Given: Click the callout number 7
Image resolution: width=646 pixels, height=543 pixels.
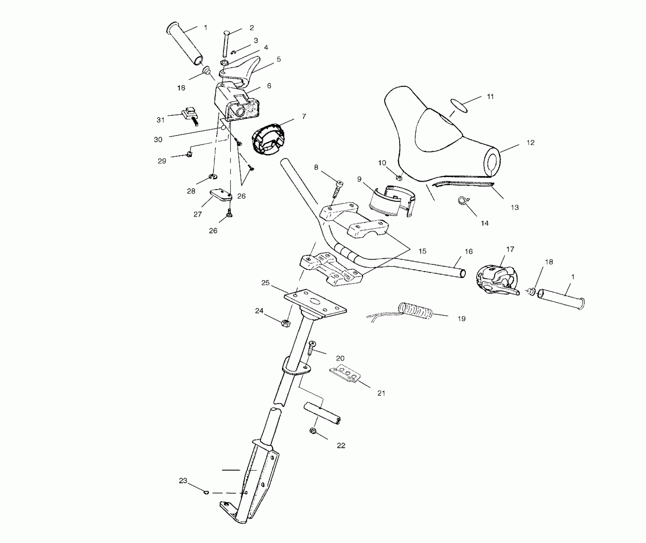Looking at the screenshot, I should [x=304, y=117].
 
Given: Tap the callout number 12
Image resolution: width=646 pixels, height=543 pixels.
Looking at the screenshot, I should [x=530, y=143].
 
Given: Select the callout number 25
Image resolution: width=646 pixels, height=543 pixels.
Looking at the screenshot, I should [x=265, y=283].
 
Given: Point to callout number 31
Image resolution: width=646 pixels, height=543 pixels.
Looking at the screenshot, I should [x=160, y=120].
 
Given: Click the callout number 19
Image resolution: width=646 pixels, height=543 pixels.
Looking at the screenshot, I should [x=461, y=319].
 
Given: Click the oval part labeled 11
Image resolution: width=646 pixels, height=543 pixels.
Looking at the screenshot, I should [x=459, y=106].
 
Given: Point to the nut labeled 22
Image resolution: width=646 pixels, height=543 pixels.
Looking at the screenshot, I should [x=313, y=431].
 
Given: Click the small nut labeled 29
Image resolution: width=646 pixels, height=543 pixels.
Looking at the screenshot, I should [x=189, y=155].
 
